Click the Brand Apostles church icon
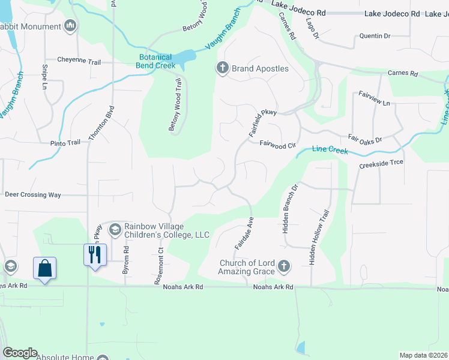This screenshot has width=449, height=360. click(222, 68)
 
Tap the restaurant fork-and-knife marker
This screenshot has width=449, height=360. click(95, 254)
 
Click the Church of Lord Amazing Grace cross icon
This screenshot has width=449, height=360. click(284, 265)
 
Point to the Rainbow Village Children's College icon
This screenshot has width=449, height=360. click(114, 229)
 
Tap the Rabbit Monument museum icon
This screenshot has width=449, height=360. click(70, 26)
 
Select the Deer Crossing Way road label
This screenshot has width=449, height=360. click(33, 195)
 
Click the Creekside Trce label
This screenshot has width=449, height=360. click(381, 163)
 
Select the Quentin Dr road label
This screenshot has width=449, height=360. click(375, 36)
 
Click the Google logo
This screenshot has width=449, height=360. click(20, 353)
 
